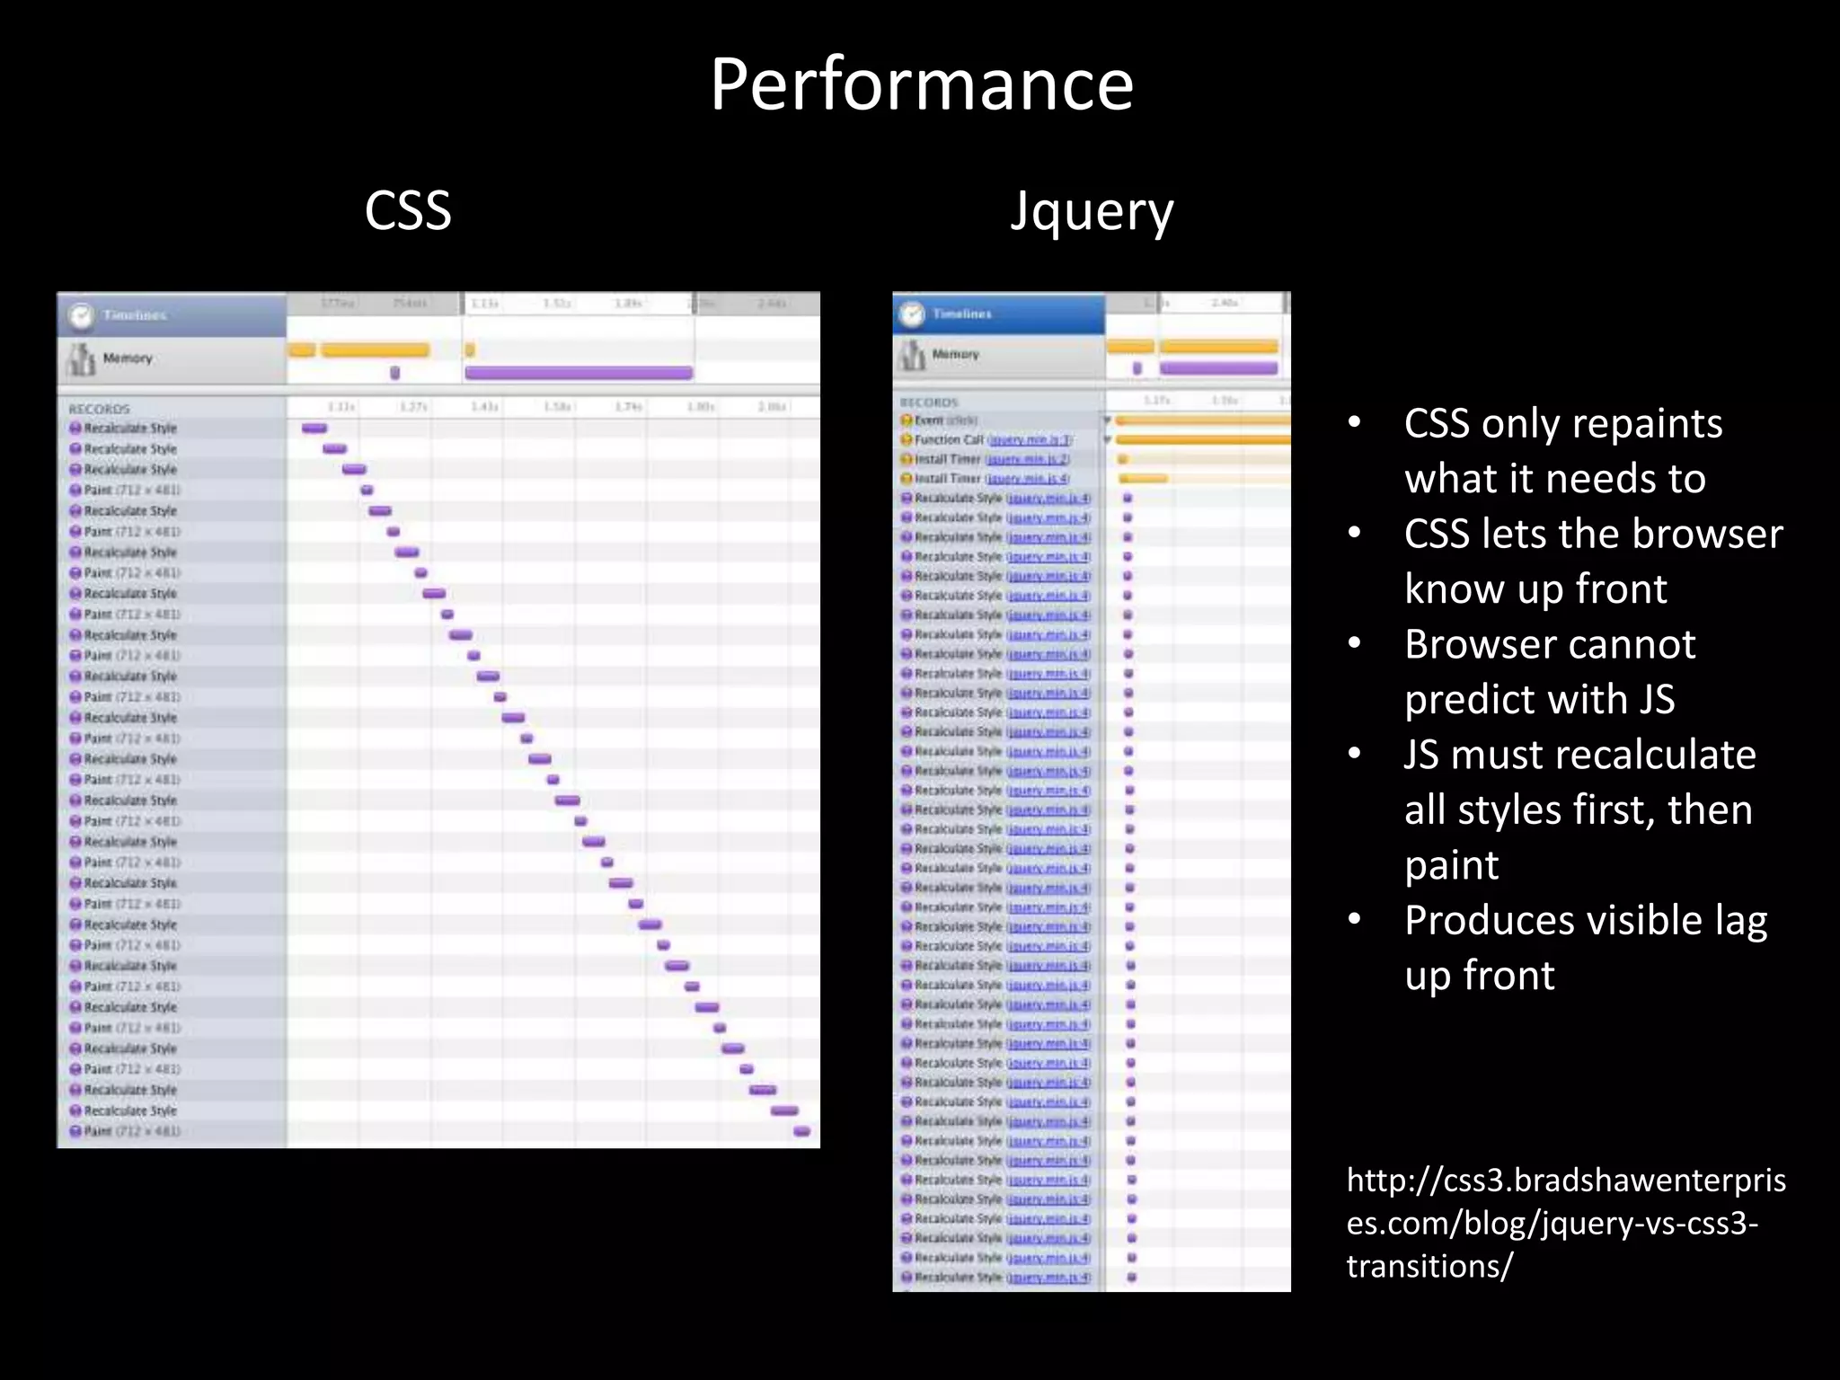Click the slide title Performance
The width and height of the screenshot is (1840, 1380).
pyautogui.click(x=922, y=84)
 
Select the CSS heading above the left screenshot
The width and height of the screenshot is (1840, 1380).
pyautogui.click(x=408, y=211)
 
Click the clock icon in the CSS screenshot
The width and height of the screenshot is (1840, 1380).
pyautogui.click(x=81, y=315)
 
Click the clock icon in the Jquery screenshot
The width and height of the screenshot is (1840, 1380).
pyautogui.click(x=912, y=314)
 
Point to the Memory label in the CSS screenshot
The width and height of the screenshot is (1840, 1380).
pyautogui.click(x=128, y=358)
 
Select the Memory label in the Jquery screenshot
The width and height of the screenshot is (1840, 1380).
pyautogui.click(x=955, y=354)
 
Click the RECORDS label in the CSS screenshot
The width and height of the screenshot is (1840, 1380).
pyautogui.click(x=99, y=409)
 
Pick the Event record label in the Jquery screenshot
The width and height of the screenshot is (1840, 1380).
pyautogui.click(x=929, y=420)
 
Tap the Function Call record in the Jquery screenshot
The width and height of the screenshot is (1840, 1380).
pyautogui.click(x=949, y=439)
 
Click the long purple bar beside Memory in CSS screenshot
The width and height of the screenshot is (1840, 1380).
pyautogui.click(x=579, y=372)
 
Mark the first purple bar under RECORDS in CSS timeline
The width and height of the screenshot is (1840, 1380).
pyautogui.click(x=314, y=429)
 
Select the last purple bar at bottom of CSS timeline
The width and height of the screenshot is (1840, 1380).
pyautogui.click(x=802, y=1131)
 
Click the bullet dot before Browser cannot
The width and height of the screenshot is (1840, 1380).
pyautogui.click(x=1355, y=644)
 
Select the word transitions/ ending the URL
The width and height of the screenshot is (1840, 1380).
pyautogui.click(x=1429, y=1266)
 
